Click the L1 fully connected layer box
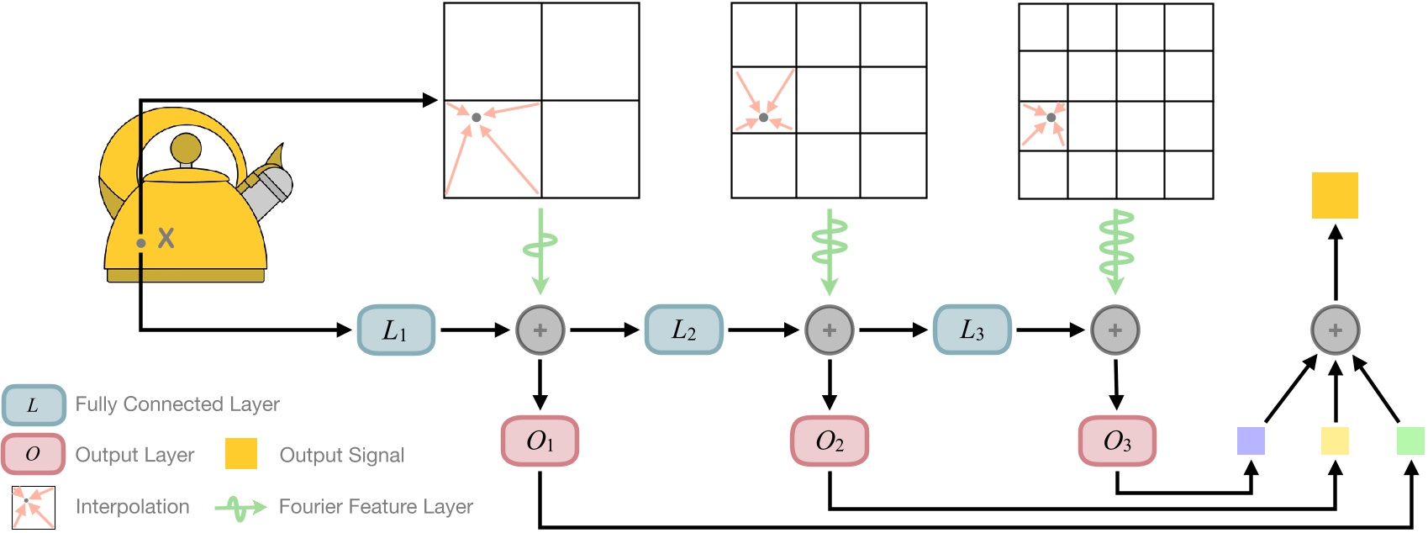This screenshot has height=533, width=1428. coord(396,330)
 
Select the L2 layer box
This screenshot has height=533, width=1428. coord(683,330)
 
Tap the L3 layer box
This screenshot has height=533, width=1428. coord(972,330)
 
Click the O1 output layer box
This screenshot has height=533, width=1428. coord(540,441)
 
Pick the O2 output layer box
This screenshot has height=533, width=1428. coord(829,441)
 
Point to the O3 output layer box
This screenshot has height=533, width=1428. coord(1117,441)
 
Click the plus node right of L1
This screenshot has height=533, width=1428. coord(540,330)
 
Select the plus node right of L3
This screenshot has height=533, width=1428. coord(1115,330)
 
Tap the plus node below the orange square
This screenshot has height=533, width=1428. coord(1335,330)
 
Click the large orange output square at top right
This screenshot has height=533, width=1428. coord(1335,196)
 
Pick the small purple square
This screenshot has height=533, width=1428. coord(1251,441)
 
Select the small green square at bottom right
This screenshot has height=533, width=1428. coord(1410,441)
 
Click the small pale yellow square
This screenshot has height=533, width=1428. coord(1335,441)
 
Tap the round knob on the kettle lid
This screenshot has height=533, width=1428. coord(186,149)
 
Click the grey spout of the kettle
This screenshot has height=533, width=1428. coord(269,189)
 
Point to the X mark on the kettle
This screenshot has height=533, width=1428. coord(166,238)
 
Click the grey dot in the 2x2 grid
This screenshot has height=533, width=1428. coord(476,118)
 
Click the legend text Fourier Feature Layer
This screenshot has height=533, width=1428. coord(376,507)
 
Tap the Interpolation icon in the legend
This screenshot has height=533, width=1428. coord(33,507)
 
